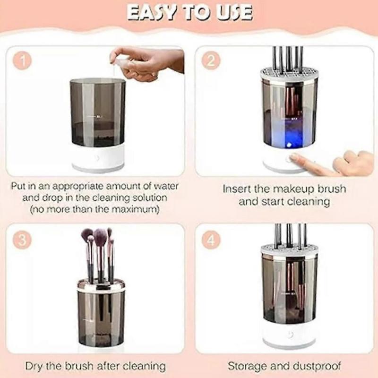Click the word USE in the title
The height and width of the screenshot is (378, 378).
[234, 13]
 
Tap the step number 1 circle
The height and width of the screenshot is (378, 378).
[22, 61]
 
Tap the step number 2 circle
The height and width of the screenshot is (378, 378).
[211, 60]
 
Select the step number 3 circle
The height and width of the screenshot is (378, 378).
[22, 240]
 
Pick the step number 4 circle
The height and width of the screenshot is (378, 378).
[211, 240]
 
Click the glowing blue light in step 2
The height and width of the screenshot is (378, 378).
[289, 145]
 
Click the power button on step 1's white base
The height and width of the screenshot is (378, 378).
[97, 158]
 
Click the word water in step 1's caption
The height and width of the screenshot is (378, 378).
[166, 186]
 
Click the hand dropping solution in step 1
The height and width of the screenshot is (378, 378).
[147, 63]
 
